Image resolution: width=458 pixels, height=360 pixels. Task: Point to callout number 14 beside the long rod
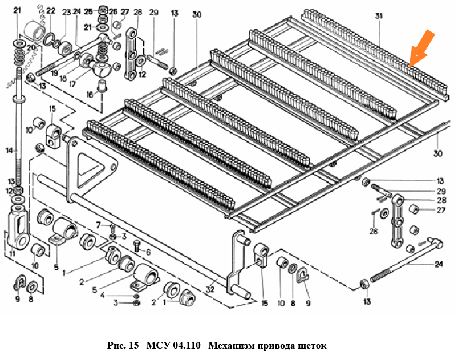click(x=9, y=151)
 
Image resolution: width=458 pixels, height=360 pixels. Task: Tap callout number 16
click(x=90, y=94)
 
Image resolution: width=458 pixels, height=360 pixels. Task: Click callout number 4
click(x=102, y=295)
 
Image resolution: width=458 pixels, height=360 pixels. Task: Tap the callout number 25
click(x=87, y=11)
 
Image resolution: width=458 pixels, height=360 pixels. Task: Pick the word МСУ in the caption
click(x=156, y=346)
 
